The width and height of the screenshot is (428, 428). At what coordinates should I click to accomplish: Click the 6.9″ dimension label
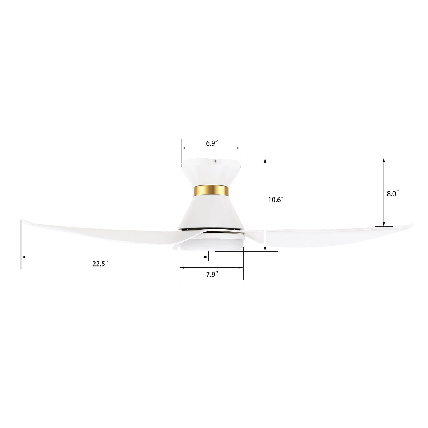pyautogui.click(x=211, y=143)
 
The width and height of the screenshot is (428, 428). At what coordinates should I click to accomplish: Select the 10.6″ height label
pyautogui.click(x=276, y=200)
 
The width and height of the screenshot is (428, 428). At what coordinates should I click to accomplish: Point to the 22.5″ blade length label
pyautogui.click(x=100, y=264)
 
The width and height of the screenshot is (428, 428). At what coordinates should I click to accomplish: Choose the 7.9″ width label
pyautogui.click(x=212, y=275)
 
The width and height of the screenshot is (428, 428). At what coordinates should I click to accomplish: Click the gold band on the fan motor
pyautogui.click(x=211, y=191)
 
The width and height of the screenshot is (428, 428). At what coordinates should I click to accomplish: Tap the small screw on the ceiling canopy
pyautogui.click(x=215, y=161)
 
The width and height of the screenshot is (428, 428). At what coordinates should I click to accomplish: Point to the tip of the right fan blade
pyautogui.click(x=413, y=224)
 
